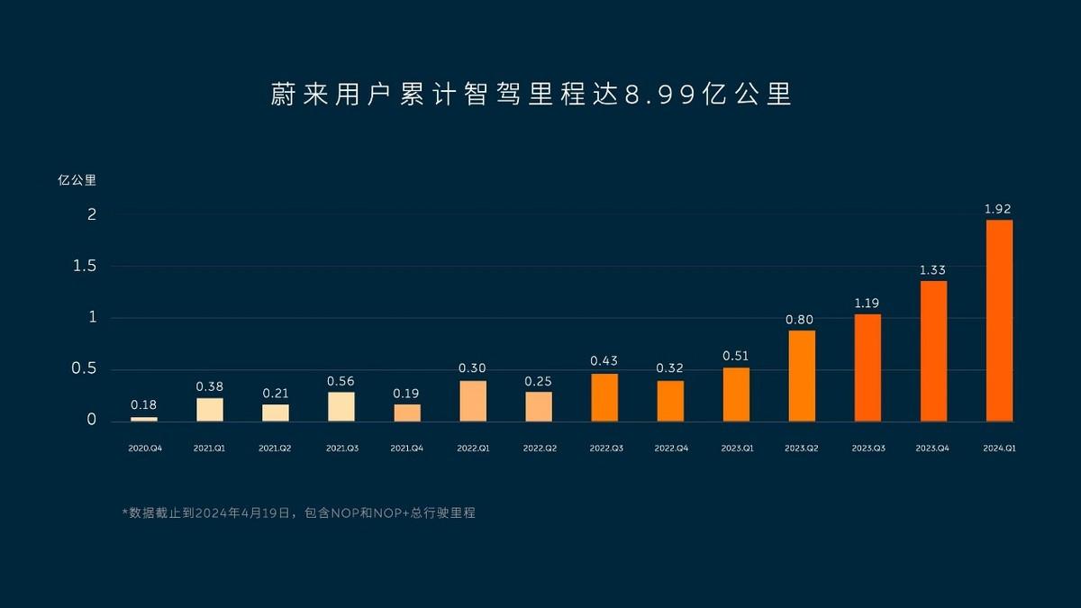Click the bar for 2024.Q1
(x=999, y=321)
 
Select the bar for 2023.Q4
(x=933, y=351)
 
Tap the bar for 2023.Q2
(x=802, y=376)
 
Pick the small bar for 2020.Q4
(x=143, y=419)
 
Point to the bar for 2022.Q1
(x=473, y=401)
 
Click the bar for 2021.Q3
(x=341, y=406)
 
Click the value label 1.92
(x=998, y=209)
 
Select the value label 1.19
(x=868, y=304)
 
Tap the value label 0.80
(x=801, y=320)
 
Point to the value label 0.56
(x=341, y=382)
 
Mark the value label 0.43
(x=604, y=361)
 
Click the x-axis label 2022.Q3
(x=604, y=448)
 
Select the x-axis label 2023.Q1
(x=736, y=448)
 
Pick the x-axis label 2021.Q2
(x=275, y=448)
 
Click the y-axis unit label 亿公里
(x=77, y=179)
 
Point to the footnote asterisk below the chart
(x=125, y=512)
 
